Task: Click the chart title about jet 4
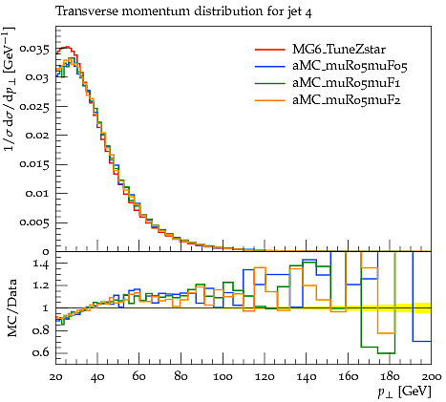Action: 183,11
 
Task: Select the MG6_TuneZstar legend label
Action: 339,50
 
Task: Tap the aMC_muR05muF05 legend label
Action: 350,66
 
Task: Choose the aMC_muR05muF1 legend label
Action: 347,83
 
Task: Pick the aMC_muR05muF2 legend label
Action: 347,100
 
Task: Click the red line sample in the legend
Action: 269,50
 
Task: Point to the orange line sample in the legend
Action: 269,100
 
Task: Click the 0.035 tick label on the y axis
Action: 34,50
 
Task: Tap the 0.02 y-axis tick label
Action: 37,136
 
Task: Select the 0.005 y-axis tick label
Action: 34,222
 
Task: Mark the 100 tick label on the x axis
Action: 223,377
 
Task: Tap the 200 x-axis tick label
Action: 433,377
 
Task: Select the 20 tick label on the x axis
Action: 55,377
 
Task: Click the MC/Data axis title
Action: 11,308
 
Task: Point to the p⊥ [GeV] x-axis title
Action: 404,391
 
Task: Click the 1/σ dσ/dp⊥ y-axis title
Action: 10,90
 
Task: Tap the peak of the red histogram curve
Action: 66,47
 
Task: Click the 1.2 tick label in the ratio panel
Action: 41,286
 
